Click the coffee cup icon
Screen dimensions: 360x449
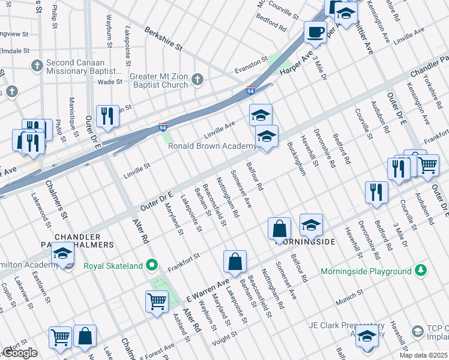pos(315,32)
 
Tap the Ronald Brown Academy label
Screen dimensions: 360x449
pos(212,146)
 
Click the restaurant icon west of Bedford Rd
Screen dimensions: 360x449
pos(376,192)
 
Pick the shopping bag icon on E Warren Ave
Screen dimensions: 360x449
pos(235,262)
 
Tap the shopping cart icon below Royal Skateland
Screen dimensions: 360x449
pos(157,301)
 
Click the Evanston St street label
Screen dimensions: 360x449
pos(250,62)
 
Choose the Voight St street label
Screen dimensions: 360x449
pos(226,339)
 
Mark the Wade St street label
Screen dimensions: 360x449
pos(110,82)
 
